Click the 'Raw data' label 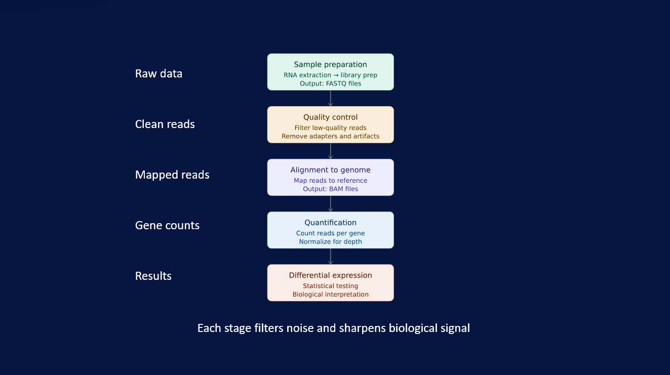pyautogui.click(x=159, y=73)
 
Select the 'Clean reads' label pyautogui.click(x=165, y=124)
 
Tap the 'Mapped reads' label pyautogui.click(x=172, y=175)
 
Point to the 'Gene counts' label pyautogui.click(x=167, y=225)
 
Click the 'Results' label pyautogui.click(x=153, y=276)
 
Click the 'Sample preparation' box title pyautogui.click(x=330, y=65)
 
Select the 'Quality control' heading pyautogui.click(x=330, y=117)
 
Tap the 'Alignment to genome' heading pyautogui.click(x=330, y=170)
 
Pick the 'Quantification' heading pyautogui.click(x=330, y=223)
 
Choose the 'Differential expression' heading pyautogui.click(x=330, y=275)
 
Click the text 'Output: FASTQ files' pyautogui.click(x=330, y=84)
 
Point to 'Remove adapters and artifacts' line pyautogui.click(x=330, y=136)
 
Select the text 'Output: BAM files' pyautogui.click(x=330, y=189)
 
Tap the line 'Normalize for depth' pyautogui.click(x=330, y=241)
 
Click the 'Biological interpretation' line pyautogui.click(x=330, y=295)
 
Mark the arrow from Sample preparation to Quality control pyautogui.click(x=330, y=98)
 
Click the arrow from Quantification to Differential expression pyautogui.click(x=330, y=257)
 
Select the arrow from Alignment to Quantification pyautogui.click(x=330, y=204)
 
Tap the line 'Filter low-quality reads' pyautogui.click(x=330, y=128)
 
